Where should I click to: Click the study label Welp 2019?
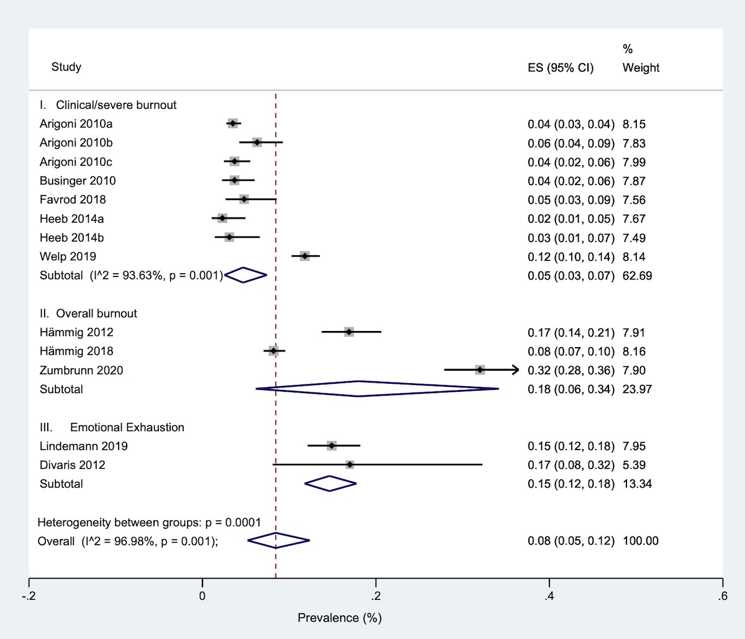coord(68,256)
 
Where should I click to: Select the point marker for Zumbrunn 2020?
coord(480,370)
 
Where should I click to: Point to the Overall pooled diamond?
coord(278,541)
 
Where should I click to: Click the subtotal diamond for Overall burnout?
coord(359,389)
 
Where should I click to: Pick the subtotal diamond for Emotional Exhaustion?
coord(330,484)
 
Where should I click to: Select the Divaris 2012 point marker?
coord(350,465)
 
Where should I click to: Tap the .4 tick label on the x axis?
coord(549,597)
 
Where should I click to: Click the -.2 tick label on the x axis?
coord(29,597)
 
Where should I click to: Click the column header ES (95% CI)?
coord(561,68)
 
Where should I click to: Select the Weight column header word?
coord(641,68)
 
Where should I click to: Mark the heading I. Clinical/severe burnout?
coord(108,105)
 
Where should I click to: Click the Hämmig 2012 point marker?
coord(349,332)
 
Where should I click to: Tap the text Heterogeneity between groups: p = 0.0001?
coord(149,522)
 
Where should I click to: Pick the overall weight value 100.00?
coord(640,541)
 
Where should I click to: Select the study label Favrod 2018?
coord(73,199)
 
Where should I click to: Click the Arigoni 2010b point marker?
coord(257,143)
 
